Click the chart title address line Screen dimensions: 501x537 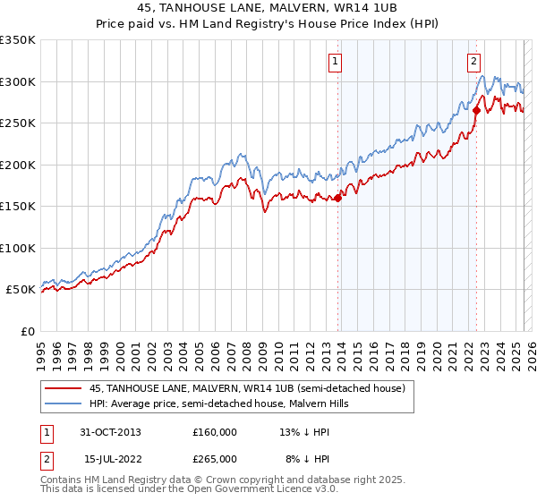pyautogui.click(x=268, y=8)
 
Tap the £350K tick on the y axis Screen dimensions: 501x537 pyautogui.click(x=18, y=40)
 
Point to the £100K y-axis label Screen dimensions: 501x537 pyautogui.click(x=18, y=248)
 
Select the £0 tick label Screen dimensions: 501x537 pyautogui.click(x=28, y=331)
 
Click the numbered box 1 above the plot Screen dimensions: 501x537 pyautogui.click(x=335, y=62)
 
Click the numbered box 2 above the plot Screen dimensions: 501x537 pyautogui.click(x=473, y=62)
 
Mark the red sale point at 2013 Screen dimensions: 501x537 pyautogui.click(x=338, y=199)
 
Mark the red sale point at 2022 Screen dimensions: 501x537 pyautogui.click(x=476, y=111)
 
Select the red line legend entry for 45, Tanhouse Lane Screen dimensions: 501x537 pyautogui.click(x=247, y=388)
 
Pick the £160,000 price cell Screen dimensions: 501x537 pyautogui.click(x=214, y=431)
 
